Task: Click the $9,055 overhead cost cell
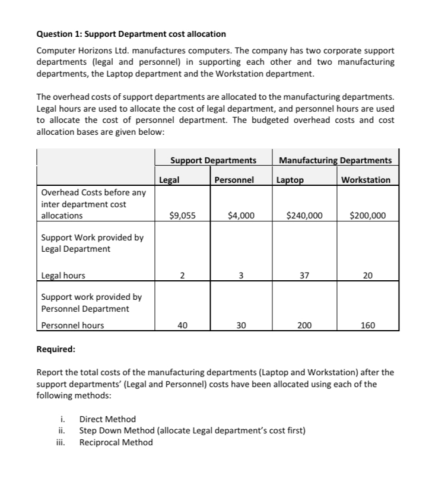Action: (182, 216)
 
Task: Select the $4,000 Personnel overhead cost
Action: (241, 216)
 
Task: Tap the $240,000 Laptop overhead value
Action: (304, 216)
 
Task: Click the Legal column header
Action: (170, 180)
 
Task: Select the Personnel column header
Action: (234, 180)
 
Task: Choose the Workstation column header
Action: (366, 180)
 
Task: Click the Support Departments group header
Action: (213, 160)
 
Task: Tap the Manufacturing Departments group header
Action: (335, 160)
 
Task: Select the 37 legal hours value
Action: (304, 275)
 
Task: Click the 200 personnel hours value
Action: (304, 325)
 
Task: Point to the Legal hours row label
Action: (63, 275)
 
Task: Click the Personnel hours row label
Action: (72, 325)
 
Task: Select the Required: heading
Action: (56, 349)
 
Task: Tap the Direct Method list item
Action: (107, 419)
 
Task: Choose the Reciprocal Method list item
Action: (116, 442)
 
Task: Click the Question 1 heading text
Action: (131, 34)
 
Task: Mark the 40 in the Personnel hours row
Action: (182, 325)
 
